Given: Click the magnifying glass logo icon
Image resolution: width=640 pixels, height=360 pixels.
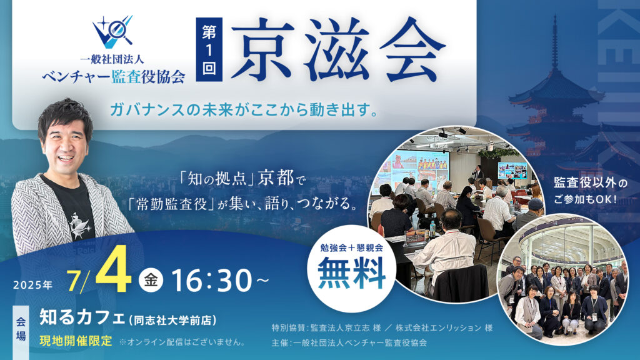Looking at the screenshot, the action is point(112,31).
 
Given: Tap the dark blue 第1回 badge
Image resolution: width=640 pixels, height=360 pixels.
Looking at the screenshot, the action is point(209,49).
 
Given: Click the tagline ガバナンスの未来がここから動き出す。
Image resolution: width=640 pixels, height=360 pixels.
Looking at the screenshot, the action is point(244,109).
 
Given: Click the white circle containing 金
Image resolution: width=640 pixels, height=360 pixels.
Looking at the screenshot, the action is point(151,280).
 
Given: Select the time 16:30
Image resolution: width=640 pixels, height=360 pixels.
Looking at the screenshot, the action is point(211,281).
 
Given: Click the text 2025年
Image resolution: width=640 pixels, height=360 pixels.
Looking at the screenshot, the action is point(33,284).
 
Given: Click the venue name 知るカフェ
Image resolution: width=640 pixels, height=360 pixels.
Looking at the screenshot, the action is point(82,317).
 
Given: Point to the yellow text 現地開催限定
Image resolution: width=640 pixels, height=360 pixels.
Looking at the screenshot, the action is point(76,341).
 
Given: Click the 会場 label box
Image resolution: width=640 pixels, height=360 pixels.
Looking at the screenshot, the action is point(21,329).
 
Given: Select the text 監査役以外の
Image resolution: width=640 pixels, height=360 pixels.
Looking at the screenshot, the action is point(590,183).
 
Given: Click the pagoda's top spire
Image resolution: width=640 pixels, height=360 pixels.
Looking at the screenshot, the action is point(555,41).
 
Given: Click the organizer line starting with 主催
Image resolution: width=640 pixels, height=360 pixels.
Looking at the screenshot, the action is point(349,342).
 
